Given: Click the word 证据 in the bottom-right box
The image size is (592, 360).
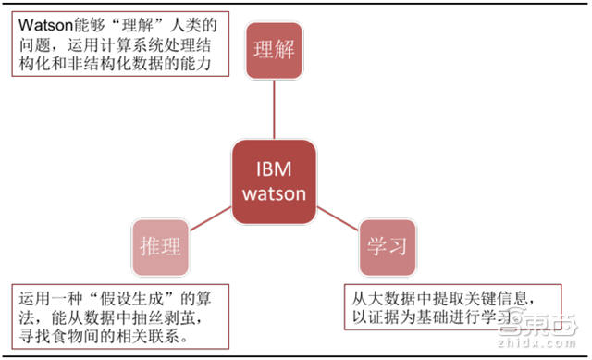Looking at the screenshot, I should click(388, 317).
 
